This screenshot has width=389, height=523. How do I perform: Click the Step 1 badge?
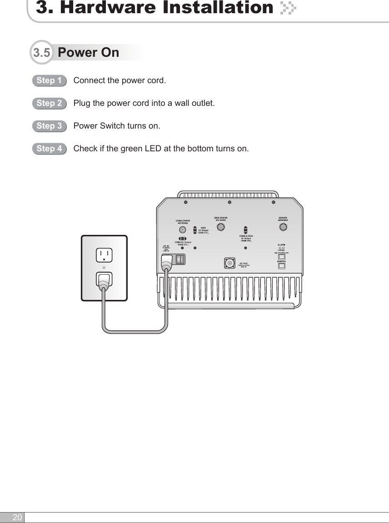coord(49,81)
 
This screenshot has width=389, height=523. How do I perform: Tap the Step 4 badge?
coord(49,149)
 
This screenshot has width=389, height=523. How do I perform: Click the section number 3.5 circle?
coord(42,53)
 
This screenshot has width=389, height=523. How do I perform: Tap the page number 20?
coord(17,518)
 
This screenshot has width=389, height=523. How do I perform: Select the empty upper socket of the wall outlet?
coord(104,255)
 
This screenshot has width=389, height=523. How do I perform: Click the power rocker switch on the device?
coord(180,259)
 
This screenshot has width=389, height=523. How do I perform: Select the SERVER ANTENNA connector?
coord(283,226)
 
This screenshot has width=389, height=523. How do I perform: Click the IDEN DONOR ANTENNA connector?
coord(220,226)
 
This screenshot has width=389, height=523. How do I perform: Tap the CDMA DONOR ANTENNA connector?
coord(183,230)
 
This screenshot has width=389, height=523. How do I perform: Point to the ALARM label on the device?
coord(281,244)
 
